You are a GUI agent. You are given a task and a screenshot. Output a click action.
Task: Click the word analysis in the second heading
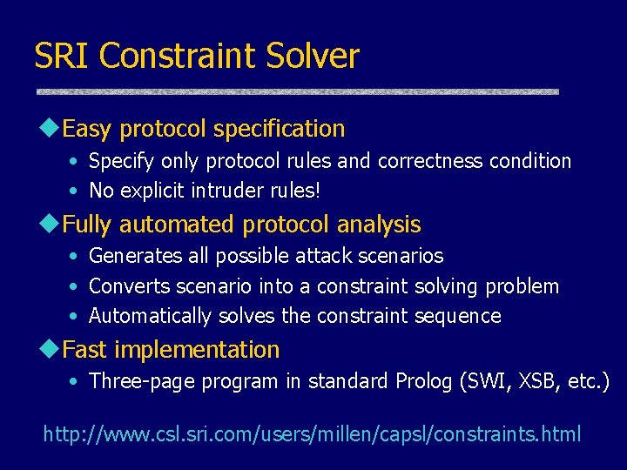[379, 225]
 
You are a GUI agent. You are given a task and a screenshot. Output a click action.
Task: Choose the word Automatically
[150, 316]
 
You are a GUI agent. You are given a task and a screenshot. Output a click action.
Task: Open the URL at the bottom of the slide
[312, 433]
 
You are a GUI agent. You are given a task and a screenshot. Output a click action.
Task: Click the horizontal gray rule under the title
[296, 91]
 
